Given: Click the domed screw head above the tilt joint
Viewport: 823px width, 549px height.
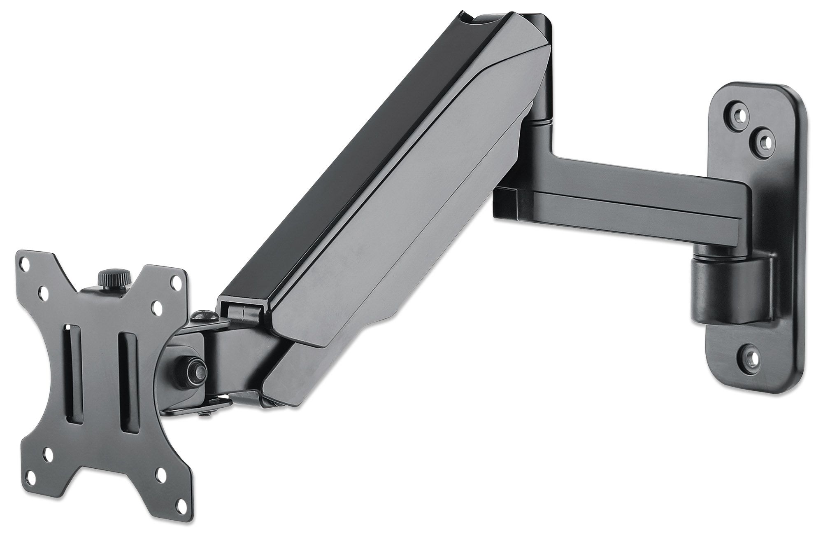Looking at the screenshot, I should (x=202, y=315).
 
